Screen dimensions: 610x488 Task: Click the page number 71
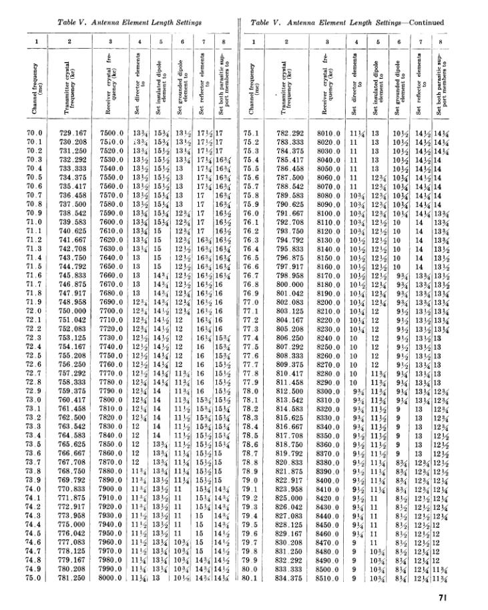pos(476,597)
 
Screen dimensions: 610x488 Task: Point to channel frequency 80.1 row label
pos(252,577)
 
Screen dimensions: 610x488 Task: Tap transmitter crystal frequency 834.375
pos(294,577)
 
